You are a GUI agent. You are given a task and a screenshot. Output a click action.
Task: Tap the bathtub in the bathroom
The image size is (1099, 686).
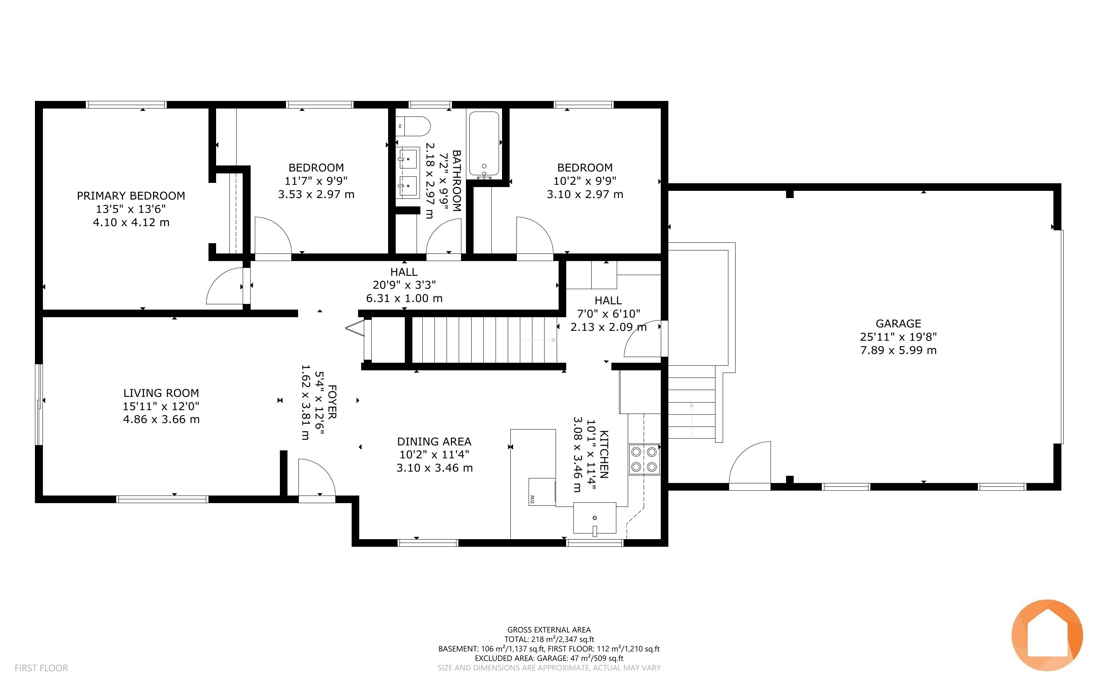tap(484, 144)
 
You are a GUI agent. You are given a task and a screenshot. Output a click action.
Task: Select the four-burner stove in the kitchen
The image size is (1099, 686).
tap(644, 459)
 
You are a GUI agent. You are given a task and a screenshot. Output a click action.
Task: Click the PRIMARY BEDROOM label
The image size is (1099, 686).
tap(131, 195)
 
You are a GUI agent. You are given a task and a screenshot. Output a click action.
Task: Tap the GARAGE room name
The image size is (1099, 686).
tap(898, 324)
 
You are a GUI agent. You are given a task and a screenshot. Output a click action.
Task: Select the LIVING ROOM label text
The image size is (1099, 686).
tap(161, 393)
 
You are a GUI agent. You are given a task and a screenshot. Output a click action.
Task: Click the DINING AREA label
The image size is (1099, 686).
tap(434, 441)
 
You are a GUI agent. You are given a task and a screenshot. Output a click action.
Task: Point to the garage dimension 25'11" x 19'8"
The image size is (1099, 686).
tap(898, 337)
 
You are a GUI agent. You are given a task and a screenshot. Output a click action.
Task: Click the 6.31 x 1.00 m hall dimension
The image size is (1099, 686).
tap(404, 298)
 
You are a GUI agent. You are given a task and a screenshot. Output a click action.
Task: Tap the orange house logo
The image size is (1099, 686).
tap(1047, 635)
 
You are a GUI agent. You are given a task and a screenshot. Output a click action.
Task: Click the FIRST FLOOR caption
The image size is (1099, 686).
tap(41, 668)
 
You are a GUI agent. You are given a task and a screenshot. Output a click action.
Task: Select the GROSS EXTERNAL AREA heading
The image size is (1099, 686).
tap(549, 630)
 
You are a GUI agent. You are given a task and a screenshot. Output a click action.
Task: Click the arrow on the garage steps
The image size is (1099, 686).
tap(692, 420)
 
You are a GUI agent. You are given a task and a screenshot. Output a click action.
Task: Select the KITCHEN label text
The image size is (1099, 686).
tap(604, 455)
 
